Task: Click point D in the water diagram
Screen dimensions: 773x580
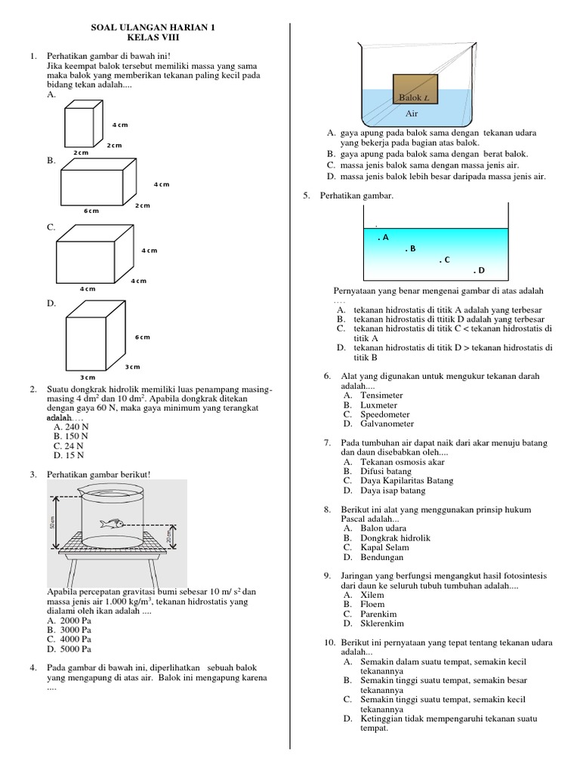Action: (x=479, y=270)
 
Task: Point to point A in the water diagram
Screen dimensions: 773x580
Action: (x=383, y=237)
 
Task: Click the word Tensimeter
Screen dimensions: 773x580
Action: (x=381, y=395)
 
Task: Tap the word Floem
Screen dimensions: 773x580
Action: (x=372, y=604)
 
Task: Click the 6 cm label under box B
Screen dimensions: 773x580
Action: (x=91, y=211)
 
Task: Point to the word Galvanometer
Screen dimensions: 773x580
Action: (x=387, y=424)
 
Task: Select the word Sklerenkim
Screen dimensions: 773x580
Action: (x=382, y=624)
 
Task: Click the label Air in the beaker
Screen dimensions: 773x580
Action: (x=412, y=113)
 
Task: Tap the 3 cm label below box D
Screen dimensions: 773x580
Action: (x=88, y=377)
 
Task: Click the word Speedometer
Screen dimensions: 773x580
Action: (x=385, y=414)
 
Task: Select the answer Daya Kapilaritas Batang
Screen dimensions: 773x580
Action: (x=407, y=481)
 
